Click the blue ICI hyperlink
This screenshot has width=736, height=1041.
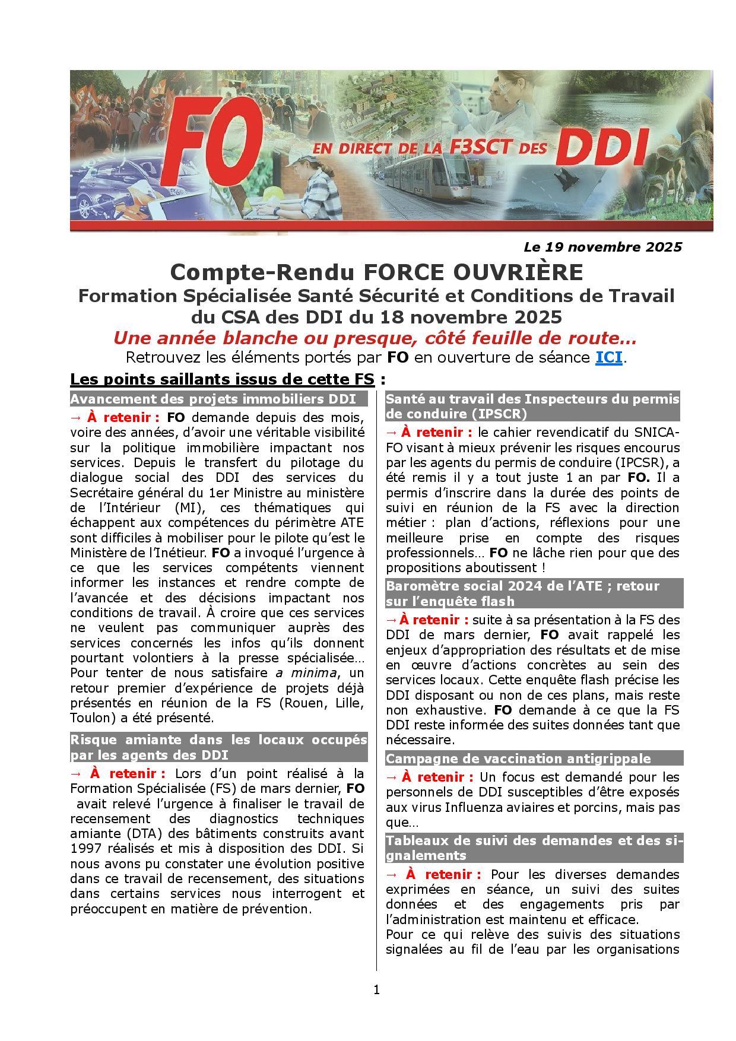(x=608, y=358)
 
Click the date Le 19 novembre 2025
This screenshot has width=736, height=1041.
(x=602, y=247)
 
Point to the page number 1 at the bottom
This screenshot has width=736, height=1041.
(x=376, y=989)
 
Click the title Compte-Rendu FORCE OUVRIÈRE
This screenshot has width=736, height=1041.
(x=376, y=272)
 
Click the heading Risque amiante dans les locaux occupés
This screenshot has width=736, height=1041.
(x=218, y=740)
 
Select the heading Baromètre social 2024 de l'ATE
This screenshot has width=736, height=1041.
(x=522, y=586)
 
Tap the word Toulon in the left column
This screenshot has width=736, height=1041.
(x=89, y=718)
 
